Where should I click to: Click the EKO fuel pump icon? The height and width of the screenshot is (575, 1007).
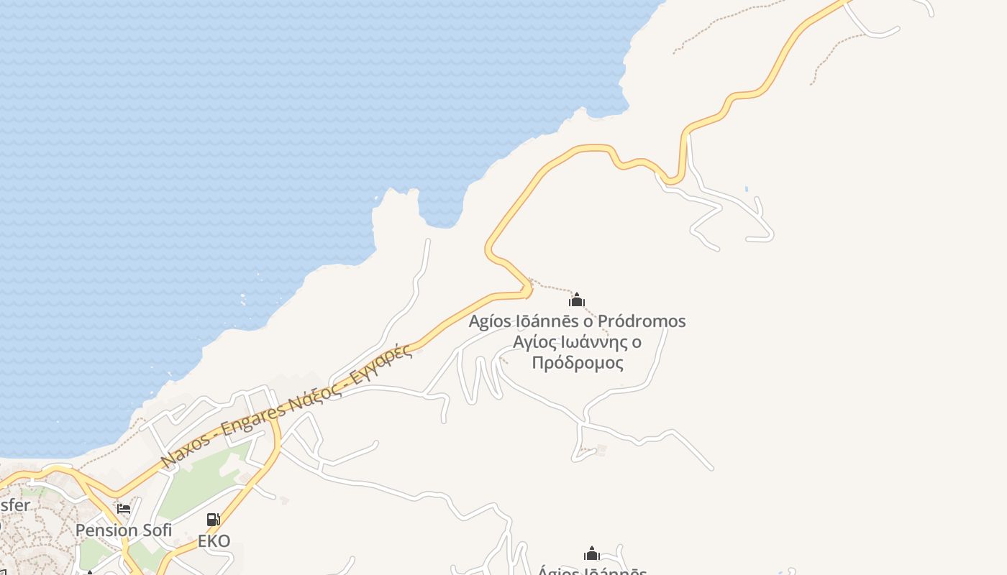tap(214, 519)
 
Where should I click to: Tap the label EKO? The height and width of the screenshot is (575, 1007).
tap(214, 540)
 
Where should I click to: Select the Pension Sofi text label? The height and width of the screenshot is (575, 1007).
tap(124, 530)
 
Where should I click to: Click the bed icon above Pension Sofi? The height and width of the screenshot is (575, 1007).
tap(124, 509)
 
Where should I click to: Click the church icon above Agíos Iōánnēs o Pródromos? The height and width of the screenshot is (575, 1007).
tap(577, 300)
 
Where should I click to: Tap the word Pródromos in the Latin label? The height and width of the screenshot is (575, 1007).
tap(642, 321)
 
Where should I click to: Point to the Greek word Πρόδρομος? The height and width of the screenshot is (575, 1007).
tap(578, 362)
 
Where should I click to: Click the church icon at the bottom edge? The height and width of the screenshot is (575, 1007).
tap(592, 553)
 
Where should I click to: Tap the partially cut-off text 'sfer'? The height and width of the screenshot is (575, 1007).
tap(14, 505)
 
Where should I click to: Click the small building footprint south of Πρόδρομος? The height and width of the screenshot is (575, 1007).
tap(601, 451)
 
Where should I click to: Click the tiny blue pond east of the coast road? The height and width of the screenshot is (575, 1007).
tap(747, 189)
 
